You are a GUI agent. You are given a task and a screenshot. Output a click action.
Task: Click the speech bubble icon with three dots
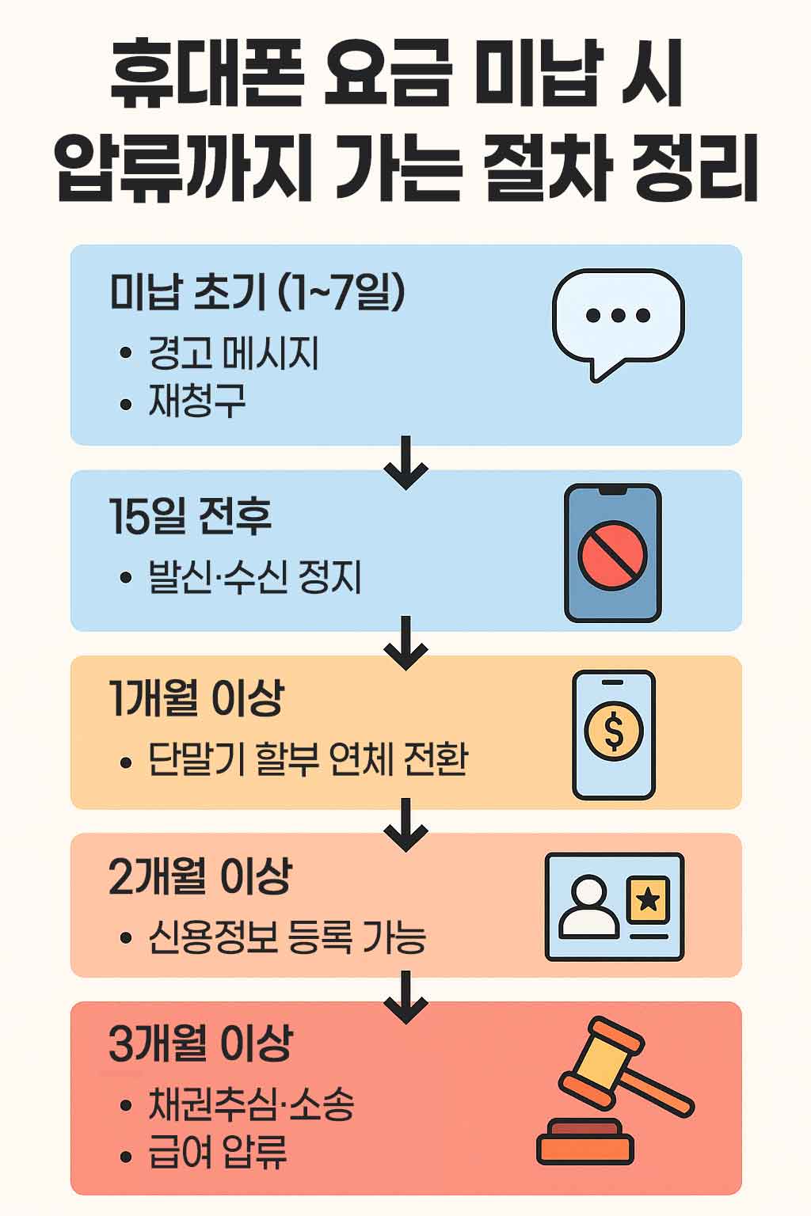pos(618,320)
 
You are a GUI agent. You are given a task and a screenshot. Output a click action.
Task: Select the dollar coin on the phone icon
pos(614,731)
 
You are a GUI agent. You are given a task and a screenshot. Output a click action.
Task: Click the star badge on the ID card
pos(648,899)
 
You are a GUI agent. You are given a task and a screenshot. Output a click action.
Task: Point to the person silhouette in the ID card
pos(588,907)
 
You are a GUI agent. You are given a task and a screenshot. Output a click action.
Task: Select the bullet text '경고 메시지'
pos(234,353)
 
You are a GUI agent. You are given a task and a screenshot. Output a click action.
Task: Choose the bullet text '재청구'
pos(197,401)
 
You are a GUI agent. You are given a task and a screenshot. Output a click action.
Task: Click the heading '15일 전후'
pos(190,516)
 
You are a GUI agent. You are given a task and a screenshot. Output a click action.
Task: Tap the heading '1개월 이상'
pos(196,699)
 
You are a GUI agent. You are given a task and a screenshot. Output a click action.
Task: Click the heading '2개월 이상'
pos(200,876)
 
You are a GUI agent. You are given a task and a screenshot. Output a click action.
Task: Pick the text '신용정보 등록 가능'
pos(287,937)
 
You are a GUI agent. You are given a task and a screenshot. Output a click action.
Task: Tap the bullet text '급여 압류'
pos(218,1153)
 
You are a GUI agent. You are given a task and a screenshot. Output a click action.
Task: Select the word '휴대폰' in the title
pos(206,77)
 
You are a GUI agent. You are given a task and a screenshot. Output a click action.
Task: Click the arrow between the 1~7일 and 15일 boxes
pos(405,462)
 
